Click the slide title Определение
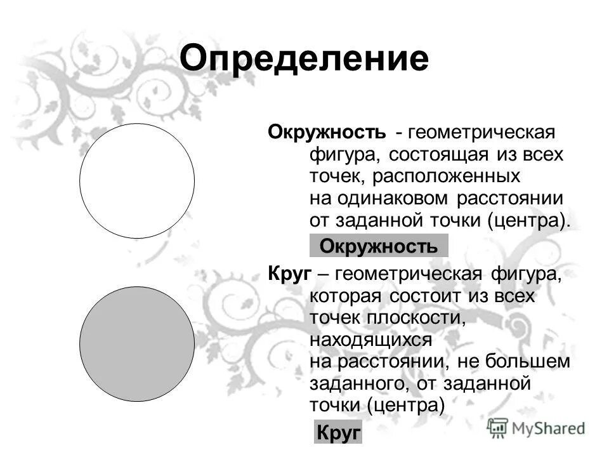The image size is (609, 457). point(304,58)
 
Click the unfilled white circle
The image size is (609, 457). point(137,181)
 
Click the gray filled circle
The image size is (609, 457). point(137,343)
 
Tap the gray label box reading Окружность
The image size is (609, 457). point(378,246)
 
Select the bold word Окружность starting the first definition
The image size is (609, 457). point(326,133)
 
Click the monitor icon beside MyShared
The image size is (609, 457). point(499,428)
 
